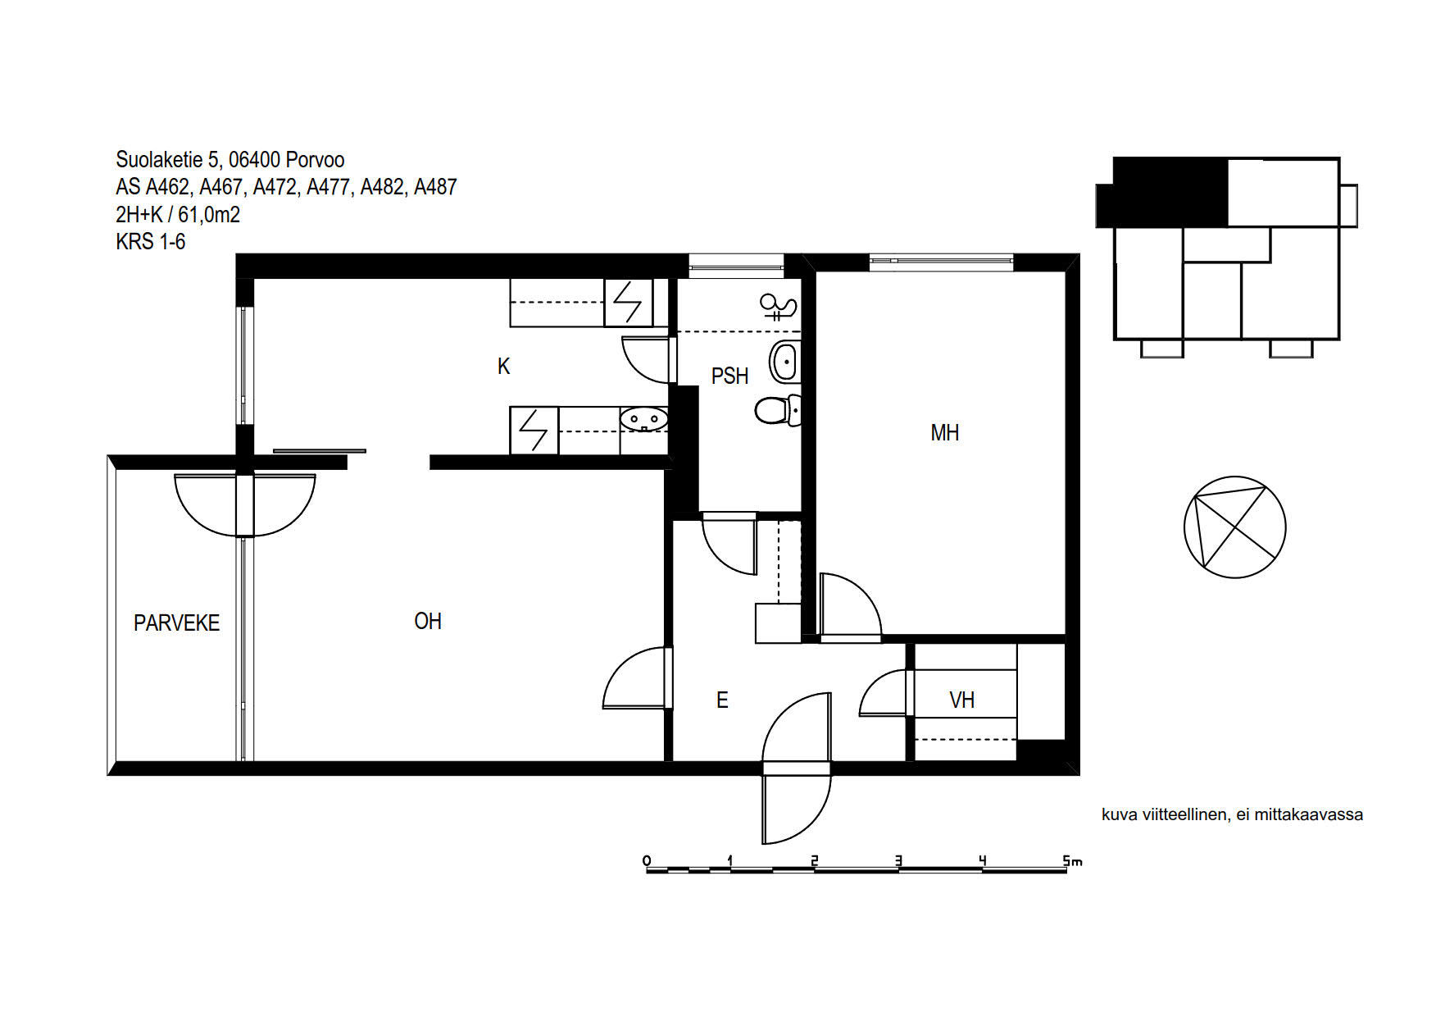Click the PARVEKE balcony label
176,623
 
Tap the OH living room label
428,622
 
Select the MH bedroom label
944,433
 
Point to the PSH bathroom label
729,376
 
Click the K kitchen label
503,367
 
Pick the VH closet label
961,700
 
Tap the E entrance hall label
722,700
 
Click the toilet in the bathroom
778,410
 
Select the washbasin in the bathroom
784,361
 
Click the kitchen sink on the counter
644,420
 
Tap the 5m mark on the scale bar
1072,861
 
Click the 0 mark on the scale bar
647,861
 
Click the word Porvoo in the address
316,160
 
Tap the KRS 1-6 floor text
151,242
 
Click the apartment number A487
435,188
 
